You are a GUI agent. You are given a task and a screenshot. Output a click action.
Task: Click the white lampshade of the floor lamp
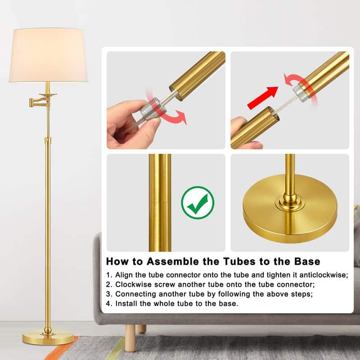48,55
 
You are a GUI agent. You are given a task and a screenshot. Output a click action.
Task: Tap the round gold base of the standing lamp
48,337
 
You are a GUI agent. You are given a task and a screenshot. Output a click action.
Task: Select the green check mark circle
198,202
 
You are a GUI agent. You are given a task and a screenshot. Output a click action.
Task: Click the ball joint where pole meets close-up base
290,198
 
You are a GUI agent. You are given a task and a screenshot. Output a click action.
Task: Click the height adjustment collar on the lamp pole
48,139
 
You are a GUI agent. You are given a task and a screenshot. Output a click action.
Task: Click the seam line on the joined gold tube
160,202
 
